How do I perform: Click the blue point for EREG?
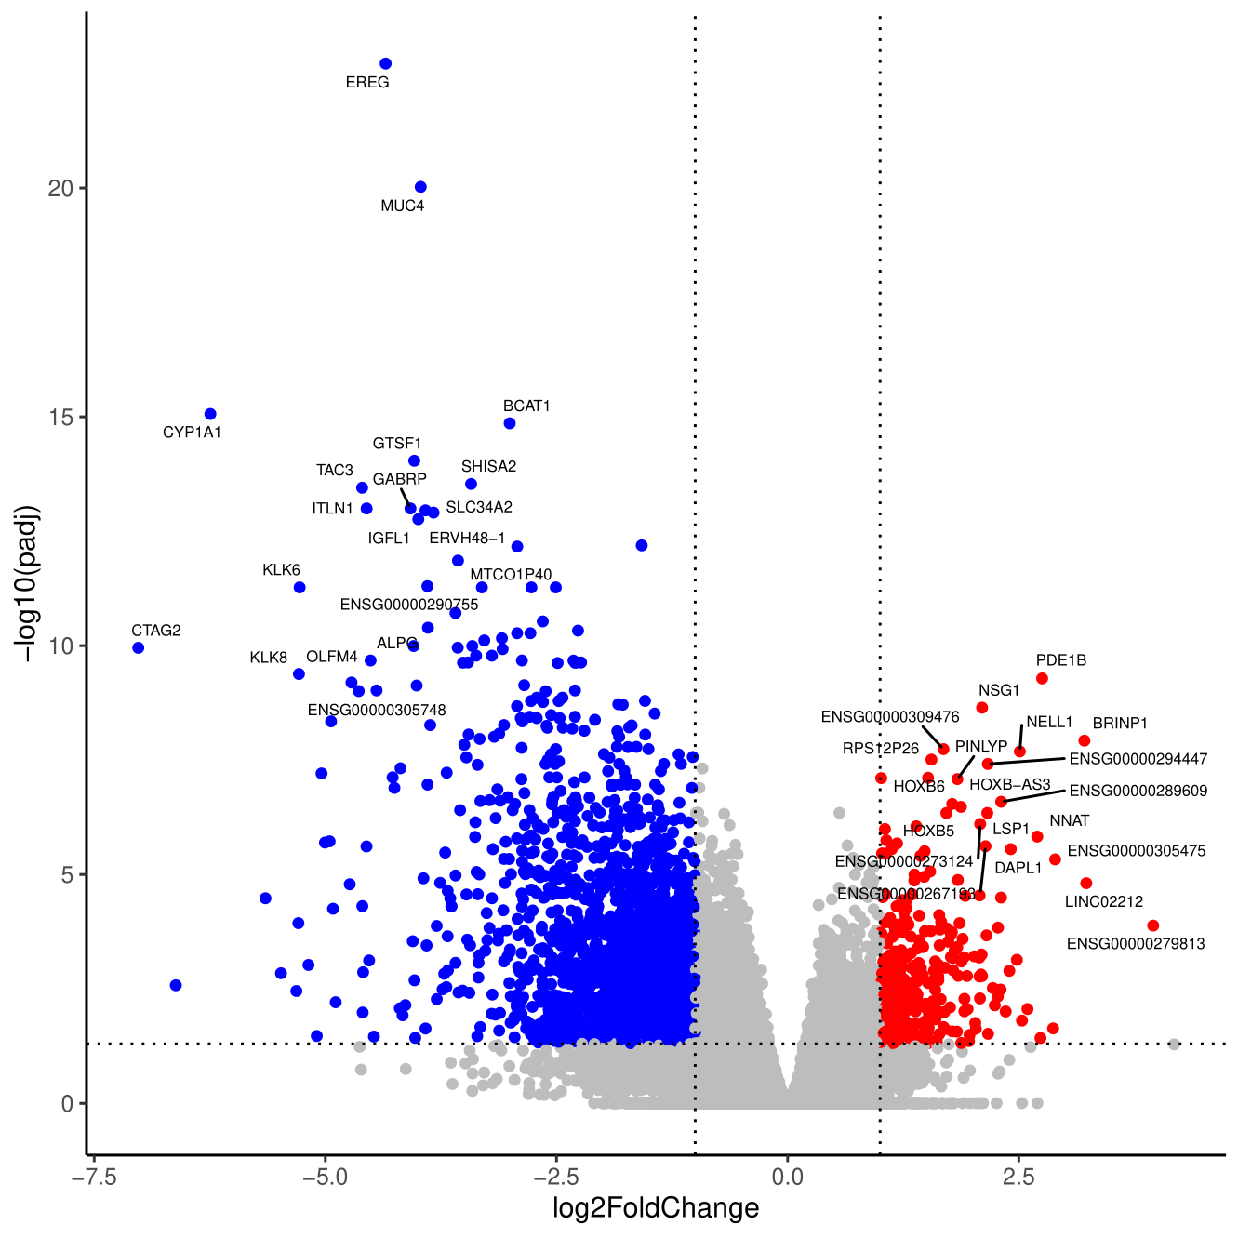click(x=386, y=64)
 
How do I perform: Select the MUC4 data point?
click(x=420, y=187)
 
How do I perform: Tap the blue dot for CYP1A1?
click(x=210, y=414)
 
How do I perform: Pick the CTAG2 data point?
click(x=139, y=647)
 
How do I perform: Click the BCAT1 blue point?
click(x=510, y=423)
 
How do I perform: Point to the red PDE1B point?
click(x=1042, y=679)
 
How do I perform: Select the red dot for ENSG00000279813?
click(x=1153, y=925)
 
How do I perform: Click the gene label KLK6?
click(x=281, y=570)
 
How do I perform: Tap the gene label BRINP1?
click(x=1120, y=724)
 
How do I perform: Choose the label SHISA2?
click(x=488, y=467)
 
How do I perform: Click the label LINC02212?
click(x=1104, y=901)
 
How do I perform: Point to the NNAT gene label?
click(x=1069, y=821)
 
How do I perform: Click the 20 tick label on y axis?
click(x=60, y=189)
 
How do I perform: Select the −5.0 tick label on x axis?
click(x=325, y=1178)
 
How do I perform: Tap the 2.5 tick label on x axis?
click(x=1018, y=1178)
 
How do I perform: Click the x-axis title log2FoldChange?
click(x=656, y=1208)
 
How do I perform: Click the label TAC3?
click(x=334, y=471)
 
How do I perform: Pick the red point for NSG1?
click(x=981, y=708)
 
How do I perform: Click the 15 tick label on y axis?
click(x=60, y=418)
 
